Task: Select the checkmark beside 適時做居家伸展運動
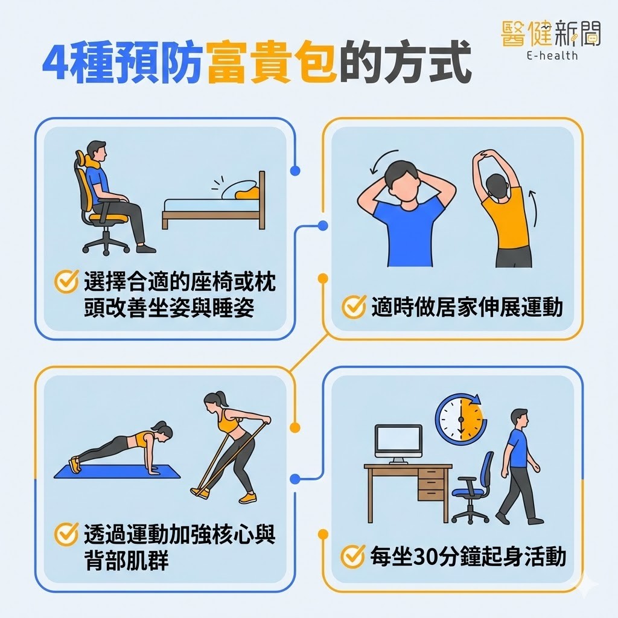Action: [353, 307]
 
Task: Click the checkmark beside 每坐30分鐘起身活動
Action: [353, 556]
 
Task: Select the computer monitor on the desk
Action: [398, 441]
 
